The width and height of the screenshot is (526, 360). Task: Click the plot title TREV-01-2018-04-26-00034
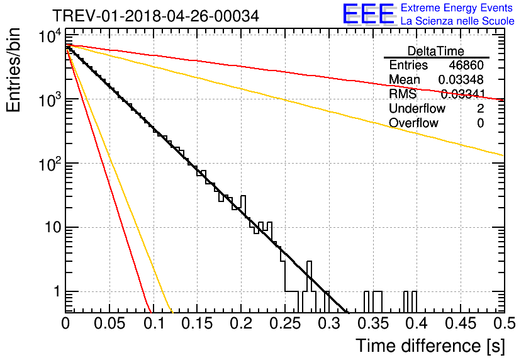point(155,16)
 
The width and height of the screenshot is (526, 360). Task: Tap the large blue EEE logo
point(368,14)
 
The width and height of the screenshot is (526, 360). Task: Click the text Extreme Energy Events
point(457,8)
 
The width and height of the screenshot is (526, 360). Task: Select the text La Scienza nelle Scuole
point(457,21)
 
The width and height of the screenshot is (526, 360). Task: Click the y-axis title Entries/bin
point(13,70)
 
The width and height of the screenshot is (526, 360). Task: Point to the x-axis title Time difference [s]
point(430,346)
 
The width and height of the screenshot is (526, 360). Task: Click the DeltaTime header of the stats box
point(436,51)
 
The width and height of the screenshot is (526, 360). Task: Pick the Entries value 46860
point(466,65)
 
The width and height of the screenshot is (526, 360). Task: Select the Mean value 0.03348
point(461,79)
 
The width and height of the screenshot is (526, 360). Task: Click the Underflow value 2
point(480,108)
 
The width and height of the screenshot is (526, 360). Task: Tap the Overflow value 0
point(480,123)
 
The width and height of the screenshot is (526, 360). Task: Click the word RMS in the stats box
point(403,94)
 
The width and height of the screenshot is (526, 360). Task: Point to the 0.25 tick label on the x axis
point(286,323)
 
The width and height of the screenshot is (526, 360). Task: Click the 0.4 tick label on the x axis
point(417,323)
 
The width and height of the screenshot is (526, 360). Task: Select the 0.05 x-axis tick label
point(109,323)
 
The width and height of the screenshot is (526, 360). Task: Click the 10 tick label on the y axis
point(53,227)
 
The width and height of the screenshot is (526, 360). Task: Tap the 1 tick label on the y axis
point(57,291)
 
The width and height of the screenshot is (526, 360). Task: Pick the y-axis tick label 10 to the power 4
point(50,37)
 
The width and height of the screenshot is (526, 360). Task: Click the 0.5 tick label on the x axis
point(505,323)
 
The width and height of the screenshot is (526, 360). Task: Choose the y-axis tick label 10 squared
point(50,164)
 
